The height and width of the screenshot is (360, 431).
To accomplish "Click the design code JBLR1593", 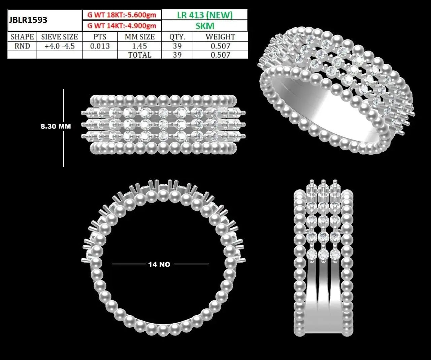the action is (x=28, y=20).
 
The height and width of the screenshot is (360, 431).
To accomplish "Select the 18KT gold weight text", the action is (x=122, y=15).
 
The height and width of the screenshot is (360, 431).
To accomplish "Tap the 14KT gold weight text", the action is (x=122, y=26).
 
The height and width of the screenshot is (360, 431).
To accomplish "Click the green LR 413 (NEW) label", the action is (x=205, y=15).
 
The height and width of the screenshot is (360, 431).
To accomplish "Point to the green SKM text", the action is (x=205, y=26).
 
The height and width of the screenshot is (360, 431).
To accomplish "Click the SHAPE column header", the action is (x=22, y=37).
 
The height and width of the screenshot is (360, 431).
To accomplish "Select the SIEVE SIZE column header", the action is (x=60, y=37).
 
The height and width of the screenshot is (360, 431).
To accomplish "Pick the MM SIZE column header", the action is (x=139, y=37).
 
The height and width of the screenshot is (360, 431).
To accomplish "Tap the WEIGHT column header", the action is (x=220, y=37).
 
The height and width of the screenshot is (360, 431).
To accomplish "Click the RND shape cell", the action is (x=22, y=46).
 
